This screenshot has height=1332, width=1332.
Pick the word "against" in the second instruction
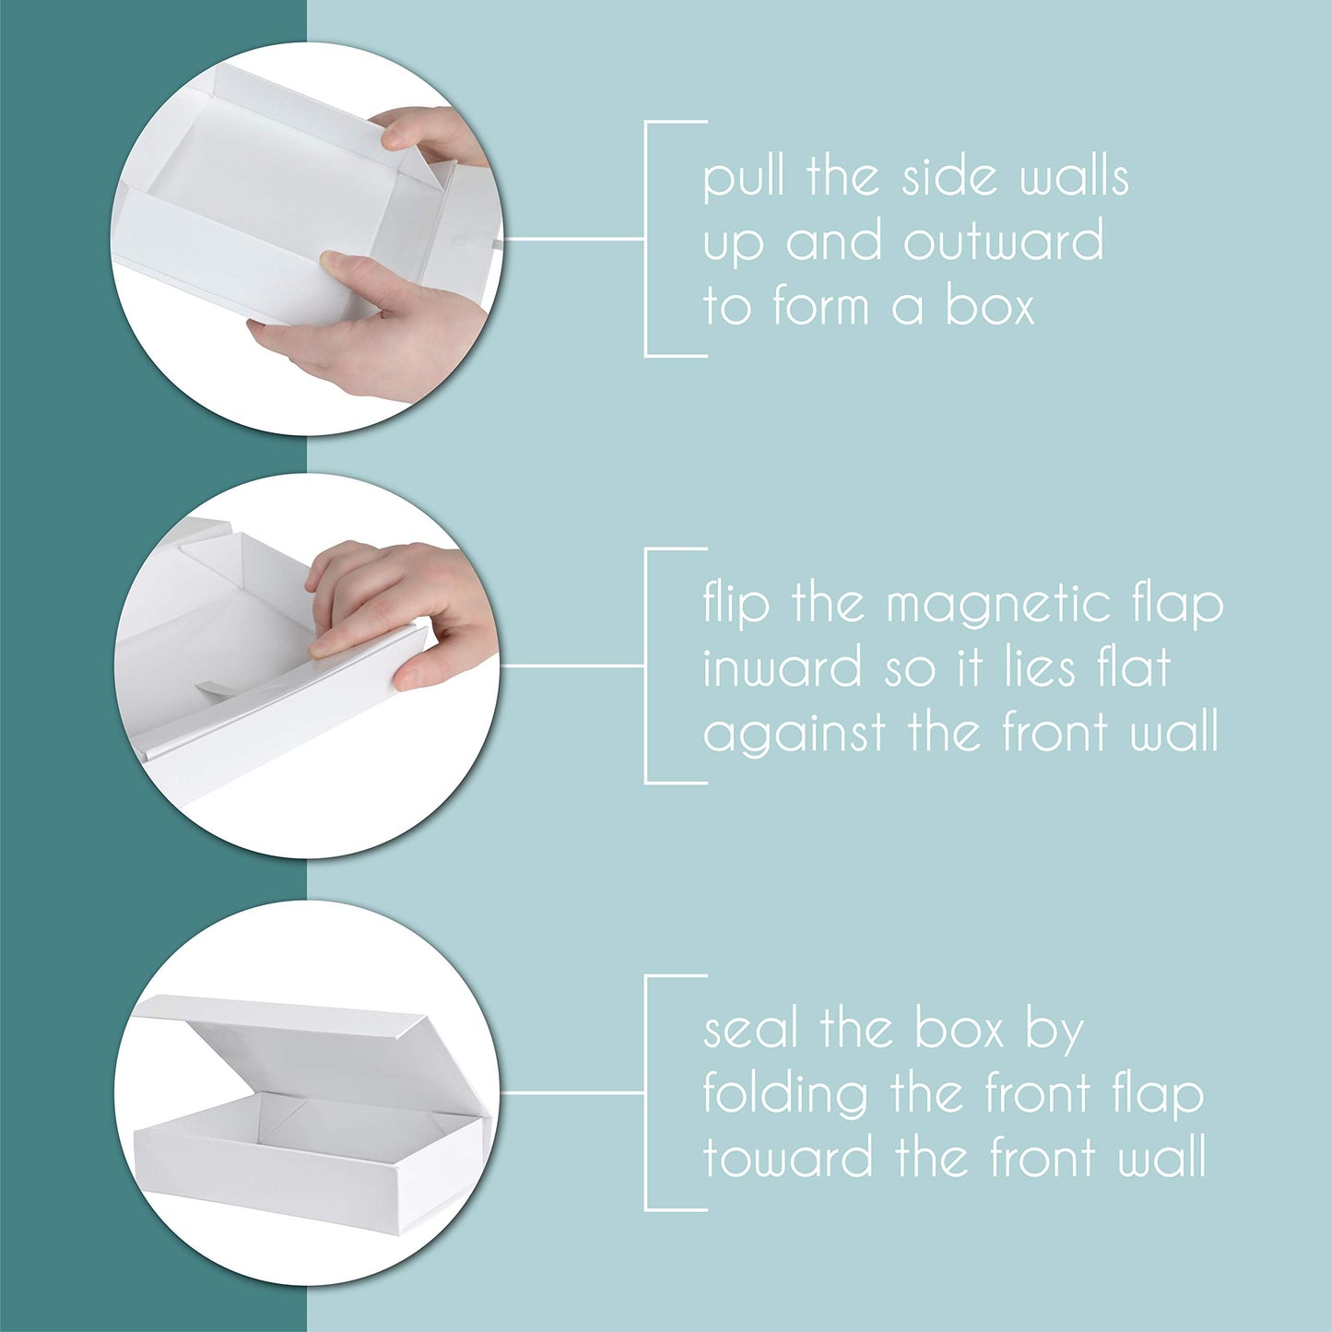click(795, 735)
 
